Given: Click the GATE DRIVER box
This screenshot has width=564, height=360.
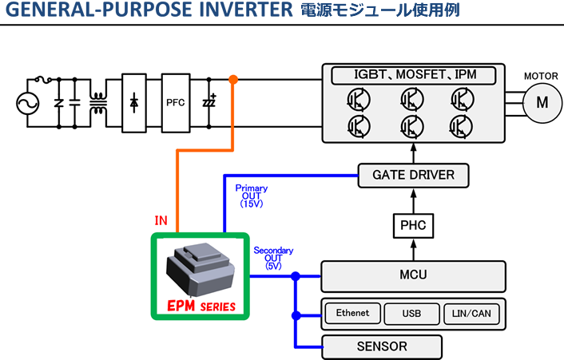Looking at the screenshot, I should tap(413, 175).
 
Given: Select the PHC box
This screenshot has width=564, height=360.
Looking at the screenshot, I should tap(413, 226).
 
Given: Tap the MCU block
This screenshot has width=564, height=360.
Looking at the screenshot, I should tap(413, 275).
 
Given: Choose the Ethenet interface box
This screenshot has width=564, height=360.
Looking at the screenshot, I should tap(352, 314).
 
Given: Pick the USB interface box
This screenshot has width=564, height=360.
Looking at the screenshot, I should tap(411, 314).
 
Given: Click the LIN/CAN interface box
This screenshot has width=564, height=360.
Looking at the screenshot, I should tap(471, 314).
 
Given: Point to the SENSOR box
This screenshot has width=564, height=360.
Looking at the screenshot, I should tap(381, 346).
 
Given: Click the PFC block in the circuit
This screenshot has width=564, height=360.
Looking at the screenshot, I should tap(176, 102).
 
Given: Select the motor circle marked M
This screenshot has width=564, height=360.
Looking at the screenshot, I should tap(542, 102).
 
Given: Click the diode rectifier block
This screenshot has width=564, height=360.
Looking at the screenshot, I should tap(134, 102).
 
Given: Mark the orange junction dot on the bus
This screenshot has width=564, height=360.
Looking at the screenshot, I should tap(233, 79).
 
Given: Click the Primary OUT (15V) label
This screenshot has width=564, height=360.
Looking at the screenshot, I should tap(252, 196).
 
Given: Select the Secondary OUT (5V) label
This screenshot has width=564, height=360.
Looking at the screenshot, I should tap(273, 258).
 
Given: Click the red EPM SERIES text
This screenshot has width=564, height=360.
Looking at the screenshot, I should tap(199, 306).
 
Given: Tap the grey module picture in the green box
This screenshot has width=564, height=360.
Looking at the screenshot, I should tap(199, 268).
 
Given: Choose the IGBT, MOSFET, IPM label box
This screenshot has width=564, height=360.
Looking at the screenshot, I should tap(414, 75).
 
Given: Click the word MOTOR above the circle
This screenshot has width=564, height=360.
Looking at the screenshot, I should tap(541, 76).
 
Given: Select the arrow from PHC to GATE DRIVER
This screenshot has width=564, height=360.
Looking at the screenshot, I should tap(413, 201).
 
